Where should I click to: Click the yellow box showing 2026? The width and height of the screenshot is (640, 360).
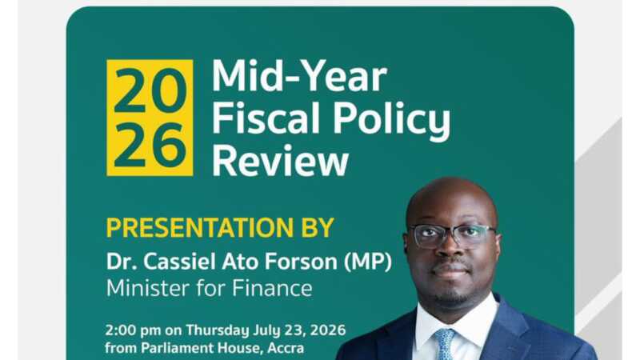(x=150, y=118)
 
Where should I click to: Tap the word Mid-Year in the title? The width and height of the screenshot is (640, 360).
(x=299, y=76)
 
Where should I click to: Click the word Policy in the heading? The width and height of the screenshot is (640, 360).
(x=391, y=120)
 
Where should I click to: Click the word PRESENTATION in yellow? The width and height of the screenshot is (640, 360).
(x=199, y=227)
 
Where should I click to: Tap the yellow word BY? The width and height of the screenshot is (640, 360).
(x=318, y=227)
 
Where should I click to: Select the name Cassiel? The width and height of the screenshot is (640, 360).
(x=179, y=262)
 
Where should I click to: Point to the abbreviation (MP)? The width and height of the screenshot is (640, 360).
(x=368, y=262)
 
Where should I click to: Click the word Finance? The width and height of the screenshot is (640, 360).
(x=272, y=288)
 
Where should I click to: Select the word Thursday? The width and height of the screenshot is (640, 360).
(x=217, y=330)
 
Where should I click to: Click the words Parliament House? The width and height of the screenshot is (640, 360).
(x=202, y=348)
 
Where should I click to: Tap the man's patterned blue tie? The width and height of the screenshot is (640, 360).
(x=445, y=345)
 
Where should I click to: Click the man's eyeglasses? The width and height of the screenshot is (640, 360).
(x=452, y=236)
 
